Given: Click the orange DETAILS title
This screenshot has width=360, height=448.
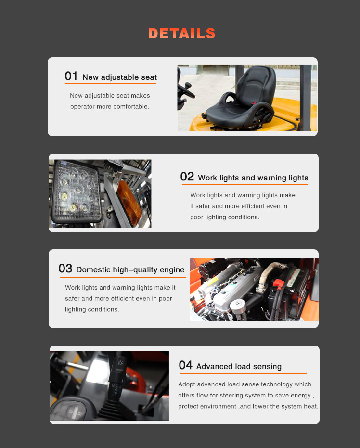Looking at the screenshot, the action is pos(182,33).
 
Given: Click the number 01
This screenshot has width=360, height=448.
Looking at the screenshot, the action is pos(71,76).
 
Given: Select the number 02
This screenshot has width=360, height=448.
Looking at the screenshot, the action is pos(187,177).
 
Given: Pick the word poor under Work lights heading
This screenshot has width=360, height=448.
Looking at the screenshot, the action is pos(197,218).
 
